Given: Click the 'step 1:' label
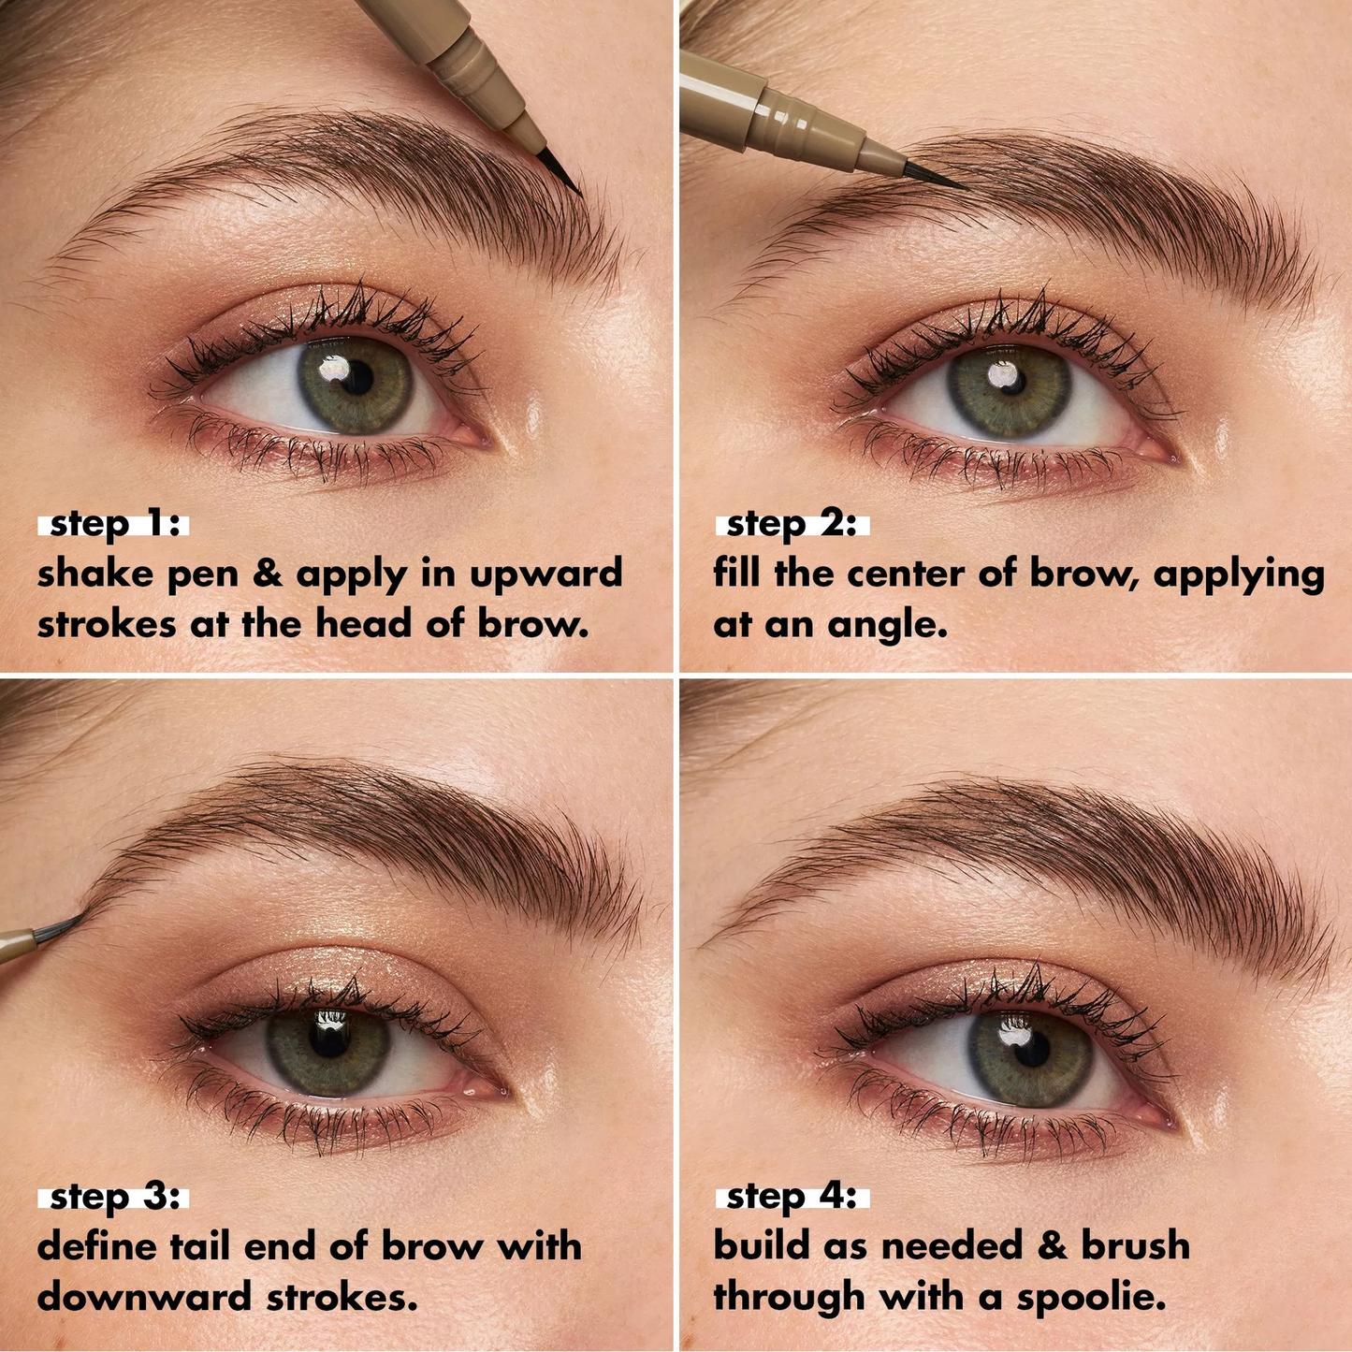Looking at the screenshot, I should click(x=114, y=524).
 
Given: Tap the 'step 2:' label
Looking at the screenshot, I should click(x=792, y=524).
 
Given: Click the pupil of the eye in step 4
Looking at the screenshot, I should click(x=1031, y=1050).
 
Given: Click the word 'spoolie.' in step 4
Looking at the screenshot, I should click(x=1091, y=1298).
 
